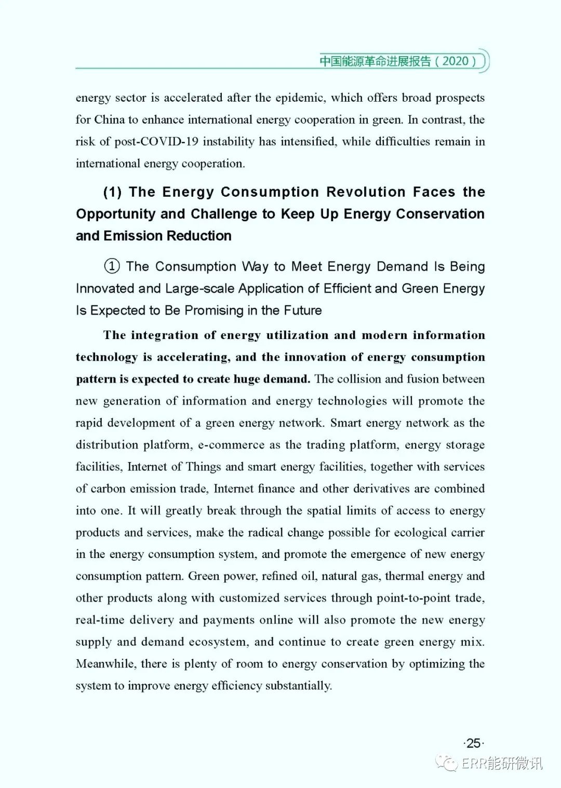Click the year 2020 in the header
(x=456, y=61)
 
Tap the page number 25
(x=473, y=743)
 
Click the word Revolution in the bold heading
(x=366, y=192)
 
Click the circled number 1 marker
(x=112, y=266)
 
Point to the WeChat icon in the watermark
(x=447, y=763)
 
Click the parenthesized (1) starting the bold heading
(x=112, y=192)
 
